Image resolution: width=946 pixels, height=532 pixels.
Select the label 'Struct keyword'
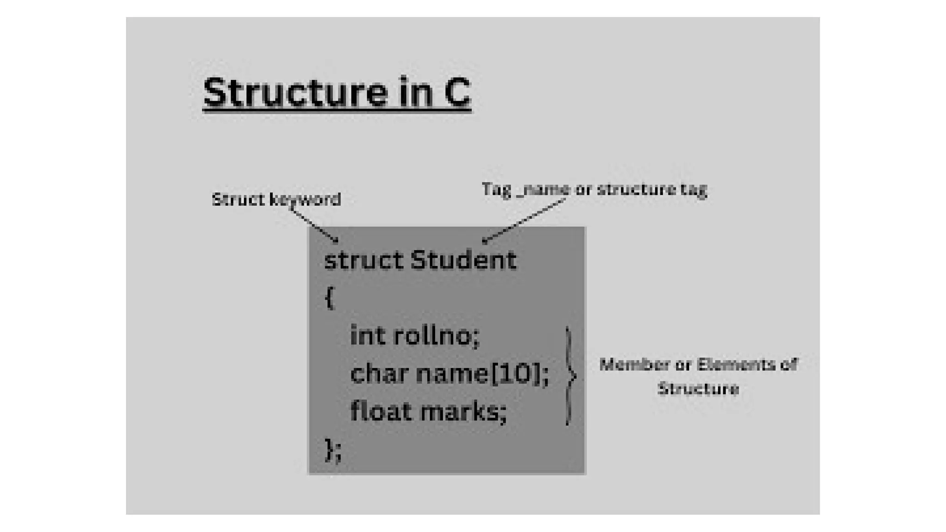(x=276, y=199)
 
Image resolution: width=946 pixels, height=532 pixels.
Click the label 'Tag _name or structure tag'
(x=594, y=189)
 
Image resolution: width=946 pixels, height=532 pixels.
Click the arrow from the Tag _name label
(x=524, y=220)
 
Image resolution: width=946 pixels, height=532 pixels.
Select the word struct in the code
(x=364, y=260)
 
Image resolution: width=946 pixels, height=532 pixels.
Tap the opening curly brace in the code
(x=329, y=298)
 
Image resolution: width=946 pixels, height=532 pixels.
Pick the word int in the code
(x=368, y=335)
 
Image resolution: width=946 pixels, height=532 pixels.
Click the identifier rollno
(x=436, y=335)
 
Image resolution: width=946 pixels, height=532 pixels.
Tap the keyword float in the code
(x=381, y=411)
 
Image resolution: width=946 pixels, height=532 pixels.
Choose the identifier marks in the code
(x=463, y=411)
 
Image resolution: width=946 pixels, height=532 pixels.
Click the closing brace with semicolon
(x=333, y=450)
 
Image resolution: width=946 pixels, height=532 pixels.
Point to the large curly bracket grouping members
(x=570, y=375)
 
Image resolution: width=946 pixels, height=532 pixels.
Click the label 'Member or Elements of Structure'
(x=698, y=376)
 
